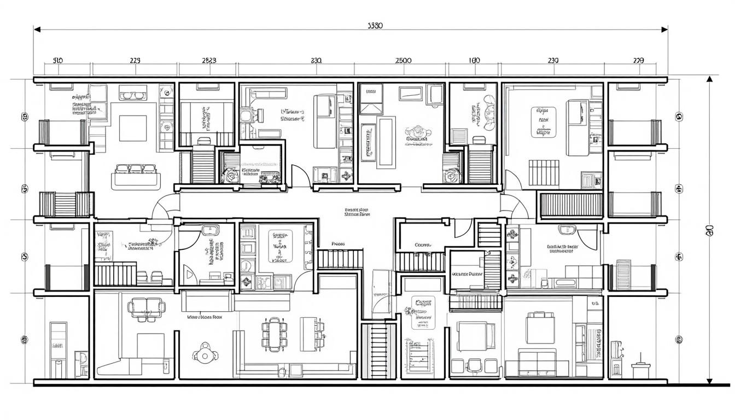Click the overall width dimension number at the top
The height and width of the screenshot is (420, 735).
pyautogui.click(x=375, y=26)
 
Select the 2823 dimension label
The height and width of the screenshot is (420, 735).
pyautogui.click(x=209, y=61)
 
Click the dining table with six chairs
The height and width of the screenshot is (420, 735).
pyautogui.click(x=273, y=334)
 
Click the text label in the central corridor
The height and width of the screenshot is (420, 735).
pyautogui.click(x=357, y=212)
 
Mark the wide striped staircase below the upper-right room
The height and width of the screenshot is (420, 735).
pyautogui.click(x=571, y=205)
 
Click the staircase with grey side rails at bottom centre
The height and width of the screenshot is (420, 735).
pyautogui.click(x=378, y=350)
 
